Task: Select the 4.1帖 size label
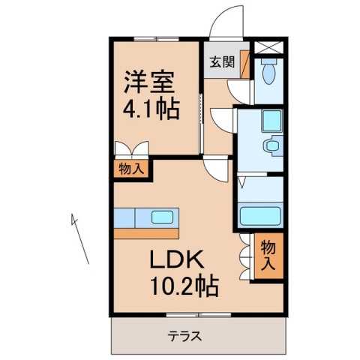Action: point(151,109)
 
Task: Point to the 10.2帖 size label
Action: point(181,286)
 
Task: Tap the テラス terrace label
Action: point(184,336)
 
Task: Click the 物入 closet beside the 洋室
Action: point(130,169)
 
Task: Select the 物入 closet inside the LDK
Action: point(268,254)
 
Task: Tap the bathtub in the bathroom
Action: point(259,216)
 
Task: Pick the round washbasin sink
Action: point(271,145)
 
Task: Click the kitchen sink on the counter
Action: point(162,217)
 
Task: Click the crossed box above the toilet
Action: point(269,45)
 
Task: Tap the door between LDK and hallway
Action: point(217,171)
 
